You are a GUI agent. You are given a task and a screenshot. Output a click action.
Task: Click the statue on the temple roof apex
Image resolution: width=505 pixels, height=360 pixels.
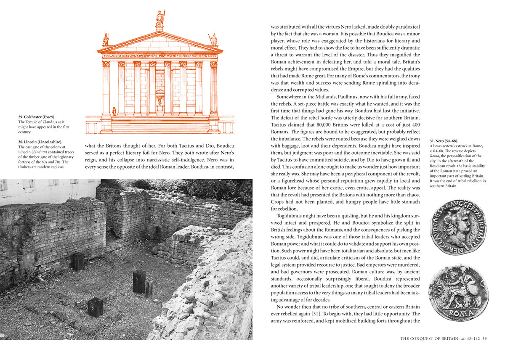[x=160, y=19]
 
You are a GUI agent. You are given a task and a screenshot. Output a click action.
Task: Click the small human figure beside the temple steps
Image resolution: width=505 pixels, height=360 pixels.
[x=114, y=111]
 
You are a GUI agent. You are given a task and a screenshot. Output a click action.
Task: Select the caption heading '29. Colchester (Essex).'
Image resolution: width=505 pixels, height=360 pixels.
[x=37, y=116]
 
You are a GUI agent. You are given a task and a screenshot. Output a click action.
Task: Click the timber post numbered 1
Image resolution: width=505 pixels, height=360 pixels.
[x=77, y=262]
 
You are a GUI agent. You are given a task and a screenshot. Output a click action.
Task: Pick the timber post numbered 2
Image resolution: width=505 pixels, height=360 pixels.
[x=95, y=307]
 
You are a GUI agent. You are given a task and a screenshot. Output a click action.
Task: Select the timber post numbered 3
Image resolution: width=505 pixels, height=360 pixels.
[x=139, y=281]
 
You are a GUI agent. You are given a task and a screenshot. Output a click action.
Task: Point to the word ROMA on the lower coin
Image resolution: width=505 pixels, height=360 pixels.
[x=459, y=313]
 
